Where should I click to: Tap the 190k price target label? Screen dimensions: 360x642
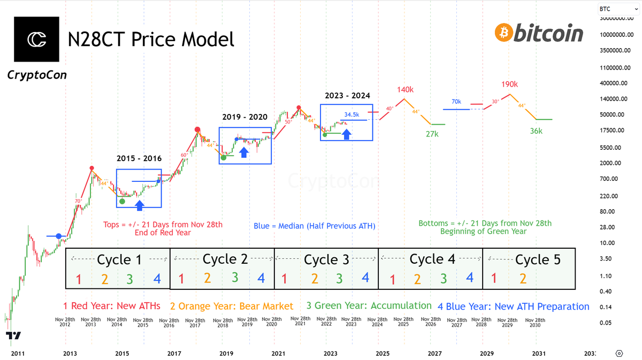point(510,85)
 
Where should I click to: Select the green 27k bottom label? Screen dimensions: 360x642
point(432,134)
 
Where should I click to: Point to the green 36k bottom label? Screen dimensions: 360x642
point(536,131)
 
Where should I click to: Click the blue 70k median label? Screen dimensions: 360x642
point(456,102)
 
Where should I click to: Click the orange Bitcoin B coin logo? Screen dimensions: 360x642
point(503,33)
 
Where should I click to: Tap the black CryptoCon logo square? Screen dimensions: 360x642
point(37,40)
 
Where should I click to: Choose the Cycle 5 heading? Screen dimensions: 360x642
point(538,260)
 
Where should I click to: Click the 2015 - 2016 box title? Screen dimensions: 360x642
point(139,158)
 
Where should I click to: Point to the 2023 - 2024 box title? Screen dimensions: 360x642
point(347,96)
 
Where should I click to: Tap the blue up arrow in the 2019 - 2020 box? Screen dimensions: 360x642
point(244,152)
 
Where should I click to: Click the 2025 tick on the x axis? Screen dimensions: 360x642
point(382,354)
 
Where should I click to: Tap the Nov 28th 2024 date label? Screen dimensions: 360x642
point(378,322)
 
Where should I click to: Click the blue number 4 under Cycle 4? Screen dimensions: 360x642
point(469,278)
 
